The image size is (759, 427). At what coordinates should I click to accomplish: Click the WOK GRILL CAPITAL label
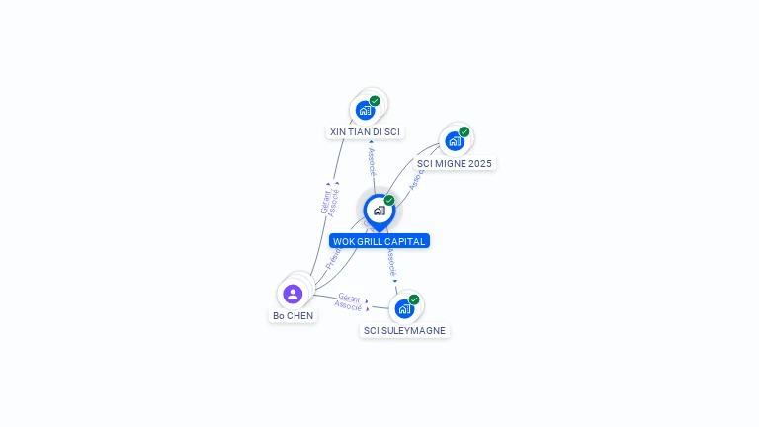[x=379, y=241]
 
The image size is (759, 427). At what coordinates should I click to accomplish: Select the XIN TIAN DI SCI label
[x=365, y=131]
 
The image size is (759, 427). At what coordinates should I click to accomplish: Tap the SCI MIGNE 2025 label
[x=454, y=163]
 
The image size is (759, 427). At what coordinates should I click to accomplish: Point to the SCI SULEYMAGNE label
[x=404, y=331]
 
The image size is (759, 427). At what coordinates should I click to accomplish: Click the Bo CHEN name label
[x=293, y=316]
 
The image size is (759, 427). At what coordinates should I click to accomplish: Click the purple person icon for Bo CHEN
[x=293, y=294]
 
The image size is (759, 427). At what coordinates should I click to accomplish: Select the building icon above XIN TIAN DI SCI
[x=365, y=110]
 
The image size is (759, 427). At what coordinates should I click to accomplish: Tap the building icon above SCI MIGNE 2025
[x=454, y=141]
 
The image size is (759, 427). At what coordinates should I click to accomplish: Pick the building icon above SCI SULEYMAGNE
[x=403, y=309]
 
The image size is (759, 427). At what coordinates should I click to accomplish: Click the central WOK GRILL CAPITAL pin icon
[x=379, y=210]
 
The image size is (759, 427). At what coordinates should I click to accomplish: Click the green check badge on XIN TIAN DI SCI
[x=375, y=101]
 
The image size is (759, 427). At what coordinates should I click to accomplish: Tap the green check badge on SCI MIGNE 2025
[x=464, y=132]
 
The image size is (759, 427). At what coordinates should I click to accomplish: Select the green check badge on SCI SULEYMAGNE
[x=414, y=299]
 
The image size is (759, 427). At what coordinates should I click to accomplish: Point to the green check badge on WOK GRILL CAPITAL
[x=389, y=200]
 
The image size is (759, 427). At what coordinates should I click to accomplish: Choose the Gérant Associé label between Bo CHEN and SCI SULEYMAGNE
[x=349, y=301]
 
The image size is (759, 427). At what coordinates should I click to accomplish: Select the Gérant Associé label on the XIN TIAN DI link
[x=330, y=201]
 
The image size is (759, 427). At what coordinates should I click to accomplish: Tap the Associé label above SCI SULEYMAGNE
[x=392, y=262]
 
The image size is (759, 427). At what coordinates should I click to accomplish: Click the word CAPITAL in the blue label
[x=405, y=241]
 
